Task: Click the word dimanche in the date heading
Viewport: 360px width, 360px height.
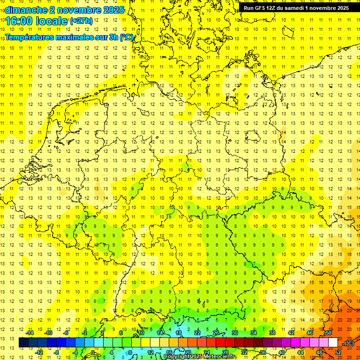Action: pyautogui.click(x=26, y=10)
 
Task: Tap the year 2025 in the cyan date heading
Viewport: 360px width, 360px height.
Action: pyautogui.click(x=112, y=10)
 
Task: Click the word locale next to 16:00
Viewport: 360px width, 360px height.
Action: pyautogui.click(x=54, y=21)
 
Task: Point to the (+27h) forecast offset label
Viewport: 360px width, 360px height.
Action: pyautogui.click(x=81, y=21)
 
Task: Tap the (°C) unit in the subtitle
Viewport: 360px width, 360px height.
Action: pyautogui.click(x=127, y=37)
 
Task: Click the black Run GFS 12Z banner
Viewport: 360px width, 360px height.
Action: pyautogui.click(x=296, y=8)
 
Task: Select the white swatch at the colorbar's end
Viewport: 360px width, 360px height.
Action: pyautogui.click(x=333, y=343)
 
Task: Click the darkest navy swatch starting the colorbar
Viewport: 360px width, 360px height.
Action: pyautogui.click(x=23, y=343)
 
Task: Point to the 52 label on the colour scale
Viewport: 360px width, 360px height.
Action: pyautogui.click(x=338, y=352)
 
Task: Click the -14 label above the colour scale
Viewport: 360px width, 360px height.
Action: pyautogui.click(x=30, y=333)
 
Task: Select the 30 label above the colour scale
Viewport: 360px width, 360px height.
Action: pyautogui.click(x=234, y=333)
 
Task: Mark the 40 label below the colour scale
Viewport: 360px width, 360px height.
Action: pyautogui.click(x=281, y=352)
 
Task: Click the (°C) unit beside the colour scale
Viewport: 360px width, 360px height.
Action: pyautogui.click(x=349, y=343)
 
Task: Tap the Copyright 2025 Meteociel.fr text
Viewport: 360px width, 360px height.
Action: pyautogui.click(x=200, y=356)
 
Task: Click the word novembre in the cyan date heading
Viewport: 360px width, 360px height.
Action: pyautogui.click(x=76, y=10)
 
